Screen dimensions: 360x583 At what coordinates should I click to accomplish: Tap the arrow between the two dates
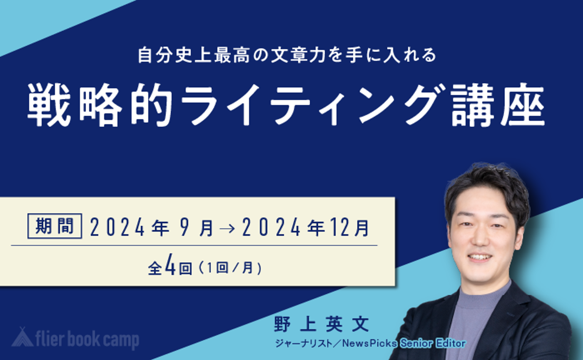(x=228, y=228)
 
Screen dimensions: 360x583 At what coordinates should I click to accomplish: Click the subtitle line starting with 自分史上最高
(x=287, y=55)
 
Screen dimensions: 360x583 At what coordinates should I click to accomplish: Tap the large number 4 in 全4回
(x=170, y=268)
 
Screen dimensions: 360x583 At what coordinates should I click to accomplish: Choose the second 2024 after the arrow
(x=271, y=228)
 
